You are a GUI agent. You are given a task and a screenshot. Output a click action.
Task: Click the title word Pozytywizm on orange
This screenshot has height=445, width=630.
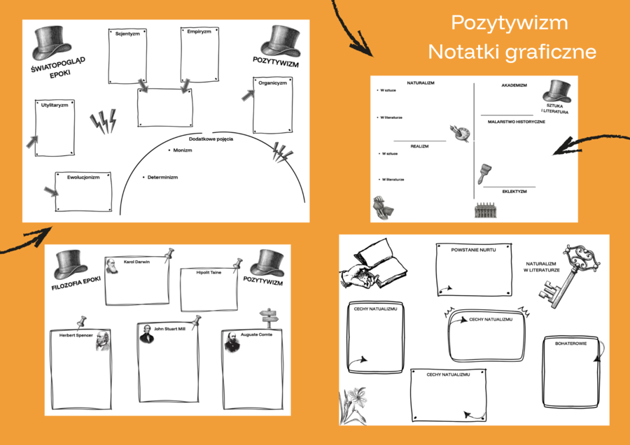tap(510, 23)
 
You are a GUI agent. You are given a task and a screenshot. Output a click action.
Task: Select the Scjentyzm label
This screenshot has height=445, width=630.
tap(127, 34)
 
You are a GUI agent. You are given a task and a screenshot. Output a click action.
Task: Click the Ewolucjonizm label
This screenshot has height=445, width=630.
tap(83, 177)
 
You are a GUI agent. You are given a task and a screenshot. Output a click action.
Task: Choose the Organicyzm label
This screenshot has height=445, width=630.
tap(272, 83)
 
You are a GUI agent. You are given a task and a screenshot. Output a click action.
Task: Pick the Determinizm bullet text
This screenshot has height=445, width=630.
tap(162, 177)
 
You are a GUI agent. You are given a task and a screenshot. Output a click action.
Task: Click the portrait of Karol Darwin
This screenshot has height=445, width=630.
tap(112, 266)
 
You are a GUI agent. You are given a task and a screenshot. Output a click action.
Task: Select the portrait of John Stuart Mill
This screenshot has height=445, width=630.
tap(146, 334)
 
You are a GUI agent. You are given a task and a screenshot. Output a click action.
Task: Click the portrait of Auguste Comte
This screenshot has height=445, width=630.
tap(232, 341)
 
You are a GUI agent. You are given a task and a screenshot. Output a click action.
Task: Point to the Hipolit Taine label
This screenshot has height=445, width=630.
tap(209, 272)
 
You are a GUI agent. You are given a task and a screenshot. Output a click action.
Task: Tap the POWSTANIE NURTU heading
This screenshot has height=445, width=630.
tap(472, 250)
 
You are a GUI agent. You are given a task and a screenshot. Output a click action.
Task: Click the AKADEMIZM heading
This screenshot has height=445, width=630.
tap(514, 85)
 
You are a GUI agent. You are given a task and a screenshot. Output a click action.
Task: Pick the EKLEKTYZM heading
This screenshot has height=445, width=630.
tap(514, 191)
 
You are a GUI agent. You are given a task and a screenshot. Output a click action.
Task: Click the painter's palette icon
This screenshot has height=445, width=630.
tap(458, 133)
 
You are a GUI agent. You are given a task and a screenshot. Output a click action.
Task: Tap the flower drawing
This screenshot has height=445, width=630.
tap(353, 406)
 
